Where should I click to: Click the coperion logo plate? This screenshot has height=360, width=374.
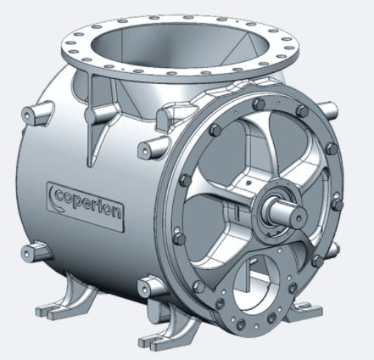coord(86,206)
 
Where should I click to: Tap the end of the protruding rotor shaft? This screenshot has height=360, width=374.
coord(299,217)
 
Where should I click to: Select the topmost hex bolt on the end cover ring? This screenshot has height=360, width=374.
coord(258,104)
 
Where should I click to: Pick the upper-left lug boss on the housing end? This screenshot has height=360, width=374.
coord(37,114)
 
